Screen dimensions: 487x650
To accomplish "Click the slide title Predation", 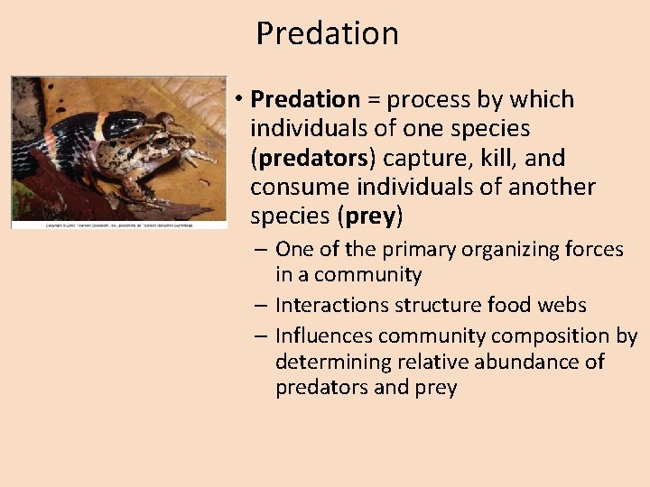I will (327, 33).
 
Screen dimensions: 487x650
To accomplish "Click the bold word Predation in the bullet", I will (305, 99).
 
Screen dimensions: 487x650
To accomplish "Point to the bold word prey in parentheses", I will (370, 216).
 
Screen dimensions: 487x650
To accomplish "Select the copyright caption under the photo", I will (117, 224).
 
